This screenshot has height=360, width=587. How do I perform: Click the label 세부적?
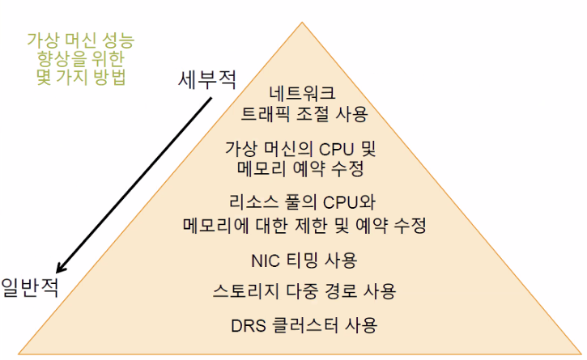[x=207, y=80]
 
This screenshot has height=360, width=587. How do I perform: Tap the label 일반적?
[x=30, y=287]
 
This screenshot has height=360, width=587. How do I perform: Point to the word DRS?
[x=249, y=327]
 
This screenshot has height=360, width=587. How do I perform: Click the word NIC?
[x=266, y=260]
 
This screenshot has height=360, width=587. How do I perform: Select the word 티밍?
[x=306, y=260]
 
